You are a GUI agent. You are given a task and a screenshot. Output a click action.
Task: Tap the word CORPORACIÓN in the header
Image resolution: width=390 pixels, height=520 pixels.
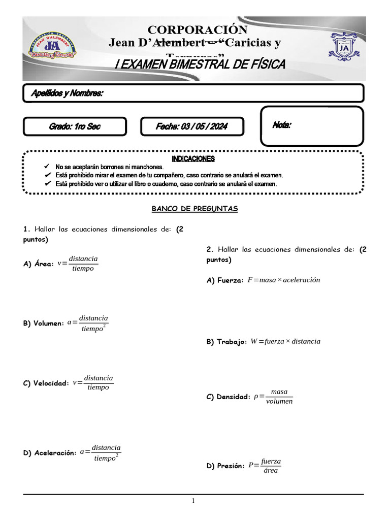(198, 30)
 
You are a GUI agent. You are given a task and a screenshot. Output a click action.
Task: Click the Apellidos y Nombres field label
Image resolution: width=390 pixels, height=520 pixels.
(68, 93)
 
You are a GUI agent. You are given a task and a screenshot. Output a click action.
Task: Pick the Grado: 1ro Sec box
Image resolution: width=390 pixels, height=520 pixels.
(75, 126)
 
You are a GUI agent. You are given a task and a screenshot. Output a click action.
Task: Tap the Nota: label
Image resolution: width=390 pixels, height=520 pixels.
(282, 124)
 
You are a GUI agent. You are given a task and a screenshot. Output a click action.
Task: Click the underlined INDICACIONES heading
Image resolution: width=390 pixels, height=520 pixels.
(193, 159)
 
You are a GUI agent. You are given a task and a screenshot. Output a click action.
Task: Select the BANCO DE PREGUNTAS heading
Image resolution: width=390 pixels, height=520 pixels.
(195, 209)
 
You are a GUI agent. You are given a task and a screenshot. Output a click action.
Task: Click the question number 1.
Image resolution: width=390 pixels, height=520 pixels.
(26, 229)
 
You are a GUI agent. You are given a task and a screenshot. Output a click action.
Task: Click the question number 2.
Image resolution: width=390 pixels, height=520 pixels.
(209, 249)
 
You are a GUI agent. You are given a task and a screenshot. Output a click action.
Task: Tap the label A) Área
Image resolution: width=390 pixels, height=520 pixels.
(38, 264)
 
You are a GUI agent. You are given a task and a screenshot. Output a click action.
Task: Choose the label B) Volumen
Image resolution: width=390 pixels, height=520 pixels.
(43, 323)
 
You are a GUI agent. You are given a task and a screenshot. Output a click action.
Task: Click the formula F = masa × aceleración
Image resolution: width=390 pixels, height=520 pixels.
(283, 280)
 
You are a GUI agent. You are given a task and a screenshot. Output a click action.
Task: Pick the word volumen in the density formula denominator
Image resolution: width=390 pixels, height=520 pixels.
(279, 401)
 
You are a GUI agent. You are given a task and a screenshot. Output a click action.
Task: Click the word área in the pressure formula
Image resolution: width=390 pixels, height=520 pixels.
(271, 471)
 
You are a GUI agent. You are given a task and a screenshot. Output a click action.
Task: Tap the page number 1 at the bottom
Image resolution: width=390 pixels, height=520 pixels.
(193, 502)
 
